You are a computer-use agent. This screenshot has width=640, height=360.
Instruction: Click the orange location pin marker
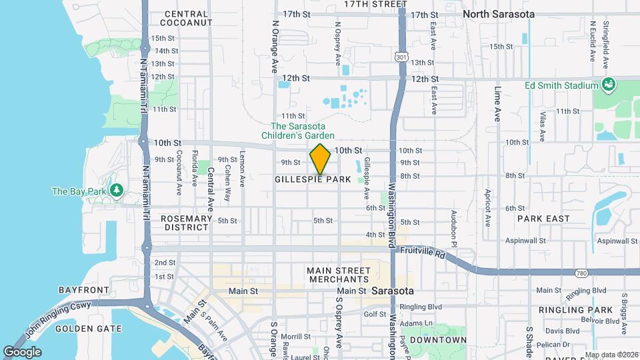pyautogui.click(x=320, y=159)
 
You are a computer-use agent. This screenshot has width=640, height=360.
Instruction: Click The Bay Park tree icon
pyautogui.click(x=117, y=191)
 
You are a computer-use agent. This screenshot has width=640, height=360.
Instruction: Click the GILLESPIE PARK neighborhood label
pyautogui.click(x=313, y=179)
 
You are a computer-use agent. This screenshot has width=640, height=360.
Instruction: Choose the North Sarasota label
pyautogui.click(x=498, y=14)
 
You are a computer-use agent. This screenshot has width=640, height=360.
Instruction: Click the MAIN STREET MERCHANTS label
pyautogui.click(x=338, y=275)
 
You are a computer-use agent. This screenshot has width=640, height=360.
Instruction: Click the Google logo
pyautogui.click(x=22, y=351)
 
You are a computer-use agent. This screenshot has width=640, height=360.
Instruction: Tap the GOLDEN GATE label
pyautogui.click(x=89, y=328)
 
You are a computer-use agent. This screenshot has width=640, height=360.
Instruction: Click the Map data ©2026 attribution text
pyautogui.click(x=611, y=355)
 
